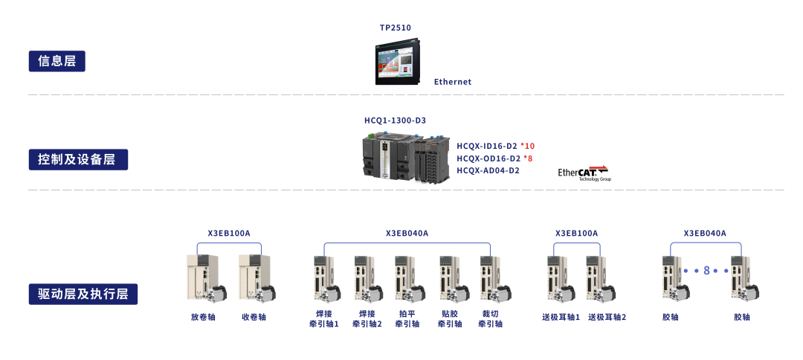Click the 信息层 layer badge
(x=57, y=61)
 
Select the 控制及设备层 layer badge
(x=77, y=159)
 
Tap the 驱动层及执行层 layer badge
(x=83, y=294)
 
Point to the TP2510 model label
(x=396, y=28)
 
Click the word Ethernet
(x=453, y=82)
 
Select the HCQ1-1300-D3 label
(x=395, y=120)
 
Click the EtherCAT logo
(x=584, y=173)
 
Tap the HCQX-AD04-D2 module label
(x=488, y=170)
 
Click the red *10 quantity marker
(x=528, y=146)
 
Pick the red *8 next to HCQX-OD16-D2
(x=528, y=158)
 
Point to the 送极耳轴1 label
(x=561, y=317)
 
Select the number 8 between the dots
(x=706, y=271)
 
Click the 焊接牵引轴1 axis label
(x=323, y=318)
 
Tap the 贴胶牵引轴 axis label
(x=450, y=318)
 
